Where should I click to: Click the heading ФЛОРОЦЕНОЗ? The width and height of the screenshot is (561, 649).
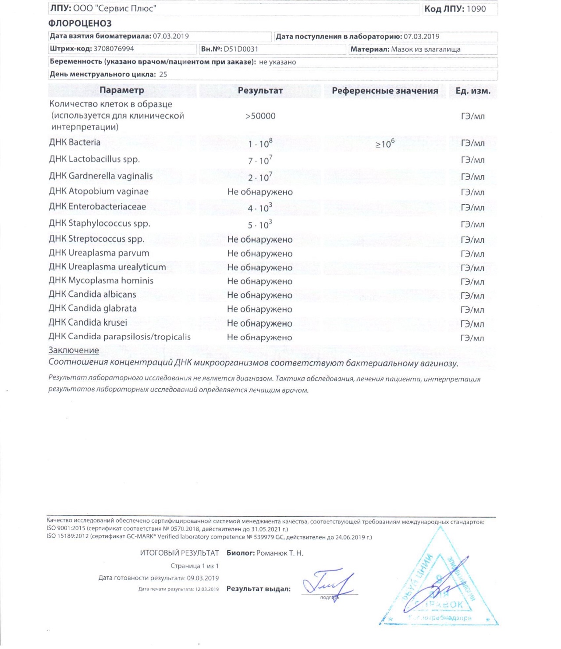tap(80, 23)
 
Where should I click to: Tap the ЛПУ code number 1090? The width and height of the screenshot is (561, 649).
tap(476, 9)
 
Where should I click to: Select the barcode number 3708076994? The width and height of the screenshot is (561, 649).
tap(114, 49)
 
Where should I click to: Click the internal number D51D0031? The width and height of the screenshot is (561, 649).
tap(241, 49)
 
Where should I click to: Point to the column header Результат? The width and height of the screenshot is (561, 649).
tap(260, 91)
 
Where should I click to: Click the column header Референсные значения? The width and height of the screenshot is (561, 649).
tap(385, 91)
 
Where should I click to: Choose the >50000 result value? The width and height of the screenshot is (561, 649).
tap(260, 116)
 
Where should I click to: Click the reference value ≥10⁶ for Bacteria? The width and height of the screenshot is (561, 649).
tap(384, 143)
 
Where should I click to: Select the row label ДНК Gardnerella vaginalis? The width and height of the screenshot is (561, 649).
tap(101, 176)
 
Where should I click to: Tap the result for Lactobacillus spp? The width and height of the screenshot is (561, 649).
tap(260, 160)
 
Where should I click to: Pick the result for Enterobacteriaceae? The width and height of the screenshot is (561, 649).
tap(260, 207)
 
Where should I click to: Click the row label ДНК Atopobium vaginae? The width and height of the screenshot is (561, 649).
tap(99, 192)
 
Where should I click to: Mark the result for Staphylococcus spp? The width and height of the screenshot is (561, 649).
tap(260, 224)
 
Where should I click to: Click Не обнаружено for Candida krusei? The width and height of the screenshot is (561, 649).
tap(259, 323)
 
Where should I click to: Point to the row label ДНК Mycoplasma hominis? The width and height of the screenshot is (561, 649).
tap(101, 280)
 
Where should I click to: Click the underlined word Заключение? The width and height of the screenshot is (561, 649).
tap(74, 350)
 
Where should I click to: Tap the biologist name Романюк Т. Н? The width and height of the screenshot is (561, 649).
tap(280, 553)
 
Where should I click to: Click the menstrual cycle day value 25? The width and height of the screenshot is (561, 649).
tap(163, 74)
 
